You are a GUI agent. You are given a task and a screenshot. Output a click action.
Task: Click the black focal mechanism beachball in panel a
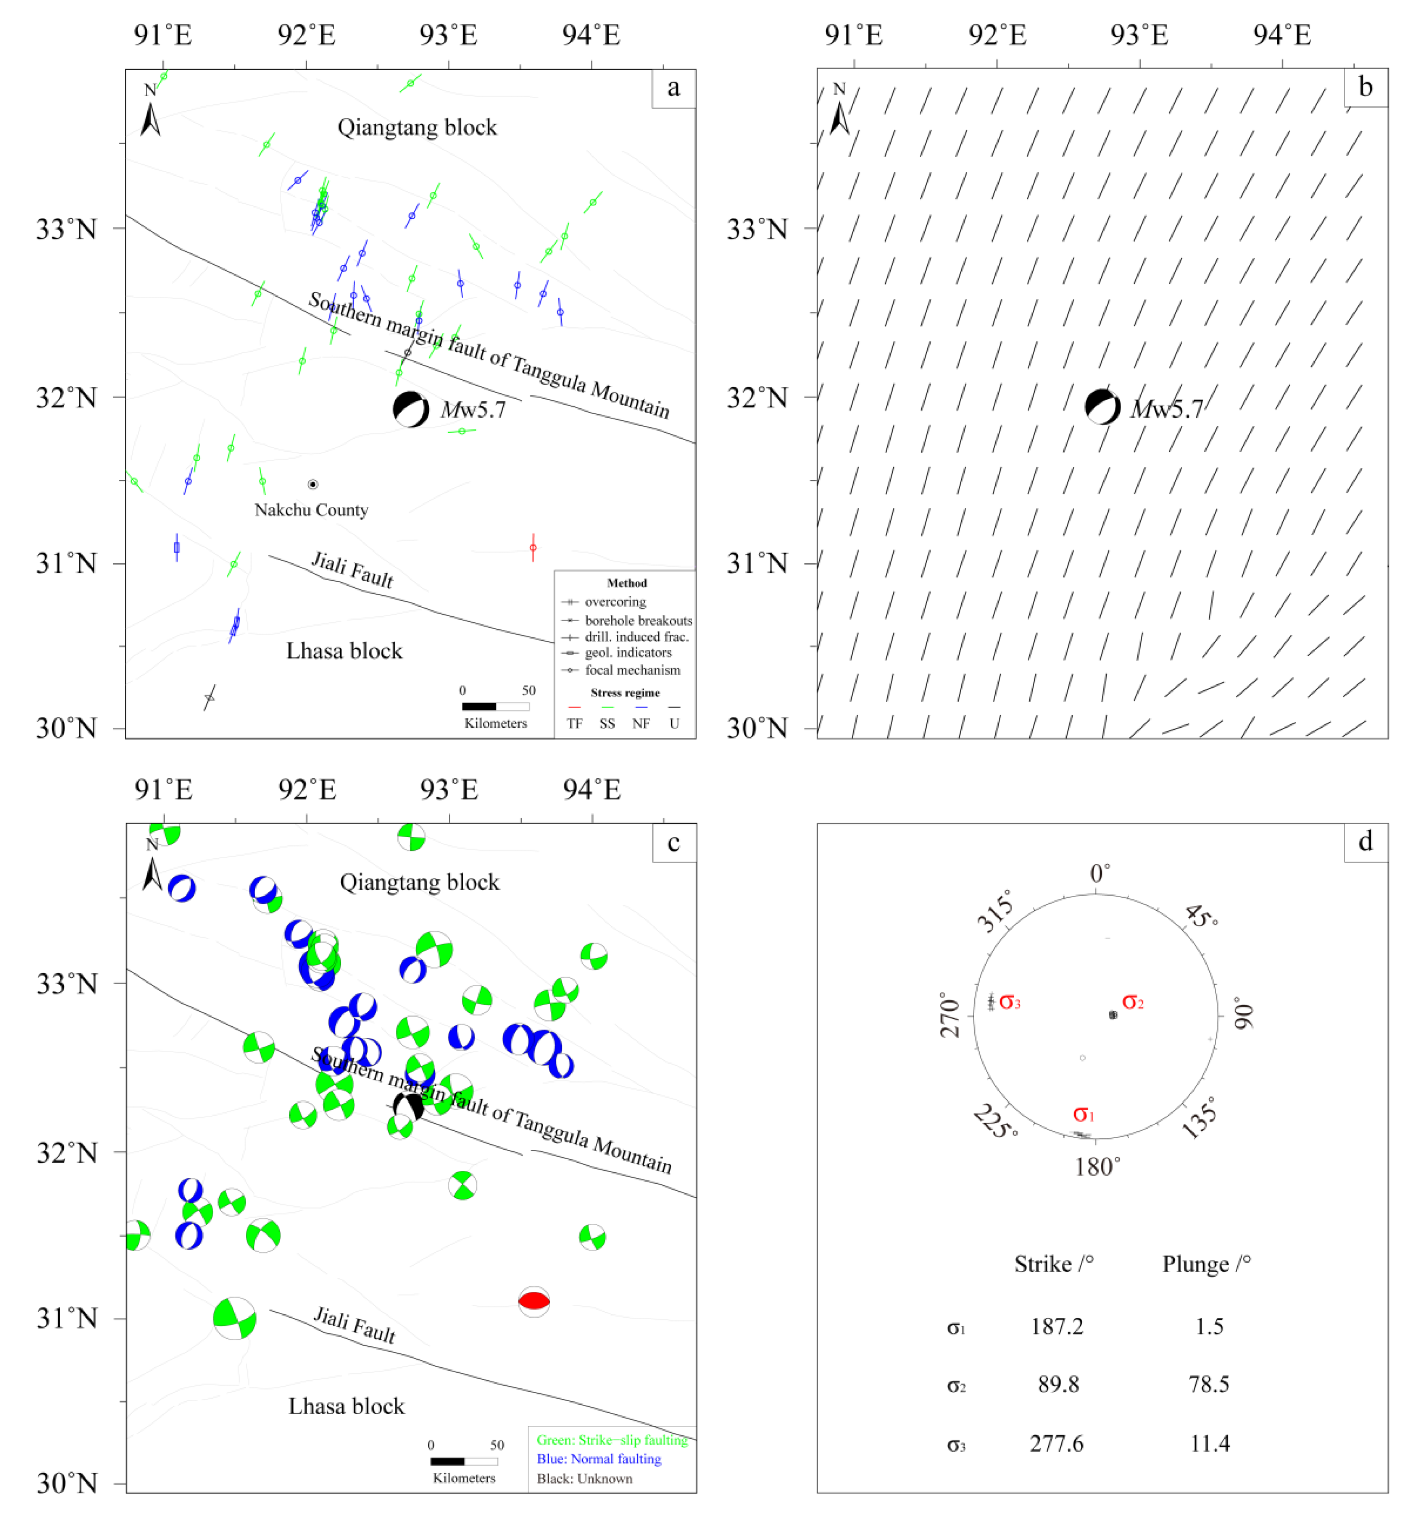pos(411,410)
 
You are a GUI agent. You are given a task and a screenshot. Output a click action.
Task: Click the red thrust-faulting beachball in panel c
pos(534,1300)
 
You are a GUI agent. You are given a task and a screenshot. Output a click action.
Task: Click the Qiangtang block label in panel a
pos(417,127)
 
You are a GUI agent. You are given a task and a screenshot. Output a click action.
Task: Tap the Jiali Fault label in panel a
pos(352,570)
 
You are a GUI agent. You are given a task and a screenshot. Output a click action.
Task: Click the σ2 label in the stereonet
pos(1133,1002)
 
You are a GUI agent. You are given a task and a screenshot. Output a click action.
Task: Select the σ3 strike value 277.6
pos(1057,1443)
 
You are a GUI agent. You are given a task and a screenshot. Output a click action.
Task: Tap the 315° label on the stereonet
pos(996,911)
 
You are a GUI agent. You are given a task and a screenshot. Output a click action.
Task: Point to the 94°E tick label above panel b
pos(1282,35)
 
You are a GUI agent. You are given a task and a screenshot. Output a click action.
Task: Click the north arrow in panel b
pos(840,111)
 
